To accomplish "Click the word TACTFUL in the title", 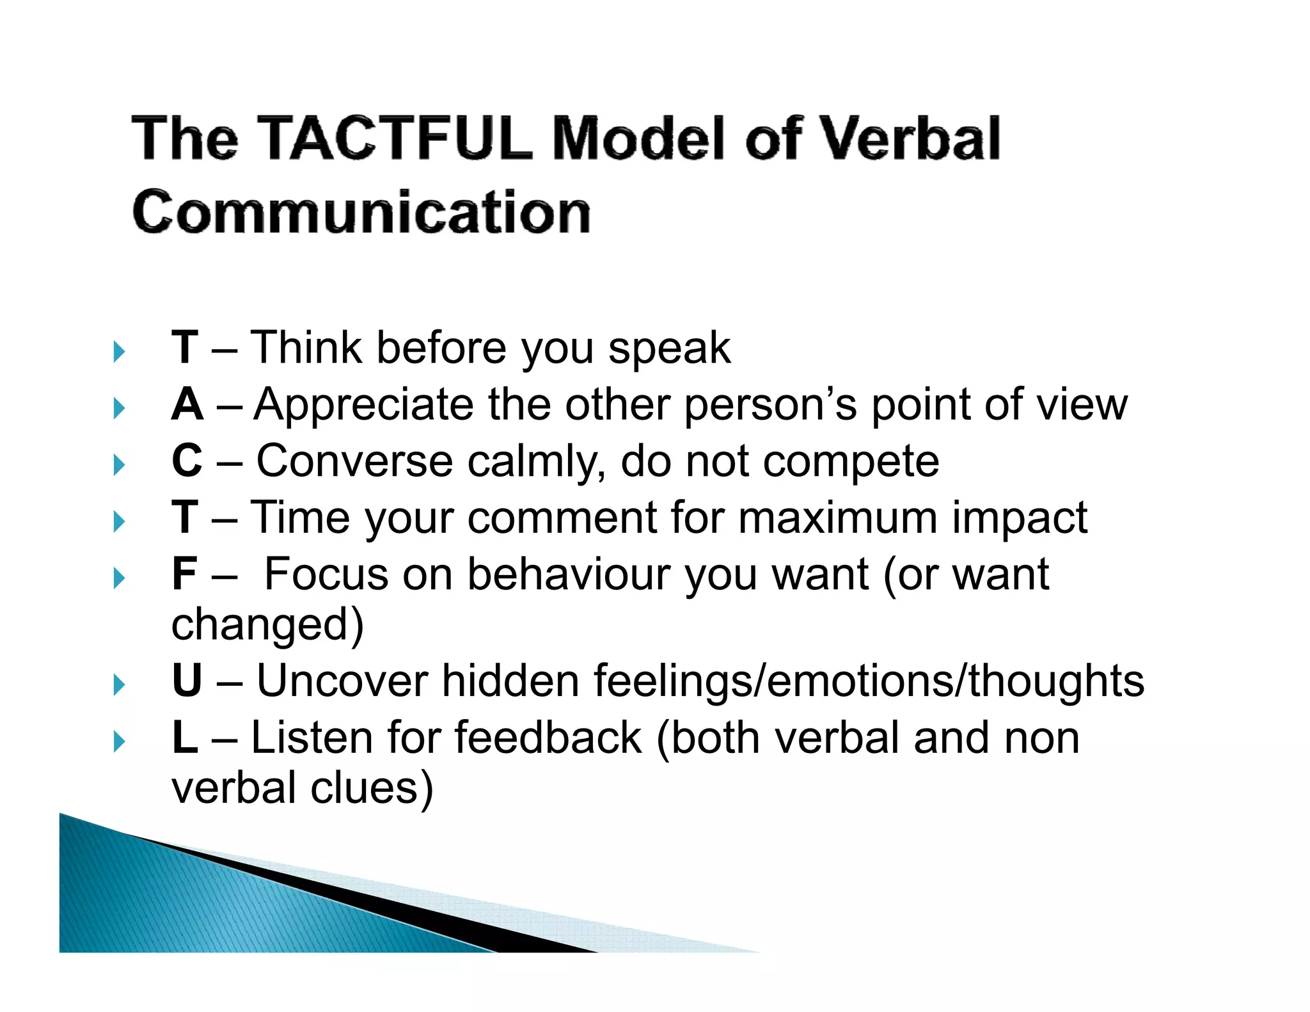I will [x=395, y=138].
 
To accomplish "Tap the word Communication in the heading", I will [x=361, y=212].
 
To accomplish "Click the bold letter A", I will [x=187, y=405].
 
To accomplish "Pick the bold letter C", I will [x=187, y=461].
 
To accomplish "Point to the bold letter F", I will [x=184, y=574].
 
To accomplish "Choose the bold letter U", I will [x=187, y=681].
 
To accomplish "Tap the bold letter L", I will [x=184, y=738].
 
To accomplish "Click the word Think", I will [x=306, y=348].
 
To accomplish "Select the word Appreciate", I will [x=363, y=405].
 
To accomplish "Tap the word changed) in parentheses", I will [x=267, y=625].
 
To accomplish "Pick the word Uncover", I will [x=342, y=681].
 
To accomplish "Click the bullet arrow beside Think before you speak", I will [x=119, y=351].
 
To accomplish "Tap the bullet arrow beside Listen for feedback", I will [x=119, y=742].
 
